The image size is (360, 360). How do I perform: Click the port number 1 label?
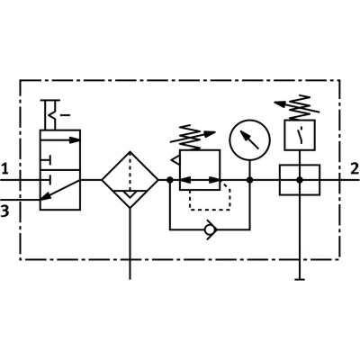(x=4, y=168)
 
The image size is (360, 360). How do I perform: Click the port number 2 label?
(x=355, y=168)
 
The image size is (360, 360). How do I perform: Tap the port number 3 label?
(x=4, y=211)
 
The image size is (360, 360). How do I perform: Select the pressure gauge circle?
(x=250, y=139)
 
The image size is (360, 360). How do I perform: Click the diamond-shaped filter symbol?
(x=130, y=179)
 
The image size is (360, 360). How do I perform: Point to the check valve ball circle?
(x=210, y=229)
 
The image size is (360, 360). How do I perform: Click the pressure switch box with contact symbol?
(x=300, y=135)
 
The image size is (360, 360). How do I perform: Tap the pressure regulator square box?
(x=200, y=170)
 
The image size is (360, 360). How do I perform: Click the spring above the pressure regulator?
(x=192, y=138)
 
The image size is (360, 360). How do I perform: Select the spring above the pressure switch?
(x=298, y=108)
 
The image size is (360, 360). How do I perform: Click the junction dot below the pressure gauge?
(x=249, y=180)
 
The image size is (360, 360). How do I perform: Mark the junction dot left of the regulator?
(x=170, y=180)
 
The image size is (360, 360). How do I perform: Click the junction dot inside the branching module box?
(x=300, y=180)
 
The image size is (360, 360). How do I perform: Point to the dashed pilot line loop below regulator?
(x=210, y=210)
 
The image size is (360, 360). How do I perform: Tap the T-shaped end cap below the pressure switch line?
(x=300, y=279)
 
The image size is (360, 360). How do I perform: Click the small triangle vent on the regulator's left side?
(x=175, y=160)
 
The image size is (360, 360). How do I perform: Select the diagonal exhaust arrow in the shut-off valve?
(x=60, y=190)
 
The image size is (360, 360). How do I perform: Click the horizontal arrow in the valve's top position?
(x=60, y=139)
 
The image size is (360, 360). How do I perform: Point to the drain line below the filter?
(x=130, y=244)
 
